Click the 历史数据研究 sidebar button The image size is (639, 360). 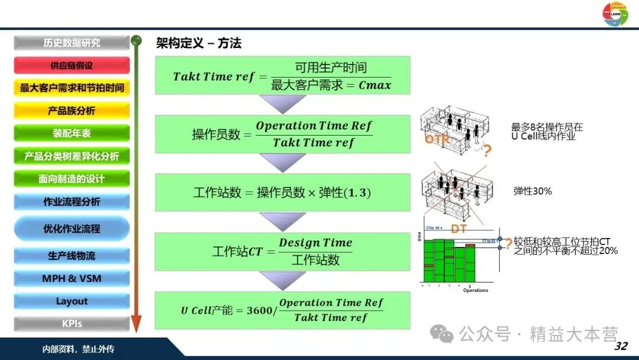[x=72, y=43]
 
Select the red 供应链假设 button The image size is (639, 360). [x=72, y=66]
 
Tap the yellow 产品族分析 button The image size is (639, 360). [x=72, y=111]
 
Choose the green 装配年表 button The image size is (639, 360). [x=72, y=133]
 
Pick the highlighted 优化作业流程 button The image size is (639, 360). [x=72, y=229]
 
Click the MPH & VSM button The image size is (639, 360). [x=72, y=278]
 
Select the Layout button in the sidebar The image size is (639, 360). [x=72, y=301]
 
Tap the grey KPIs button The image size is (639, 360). [x=72, y=324]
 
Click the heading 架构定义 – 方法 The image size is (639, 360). [x=199, y=43]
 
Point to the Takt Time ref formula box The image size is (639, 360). [x=282, y=76]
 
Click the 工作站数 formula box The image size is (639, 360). [x=282, y=193]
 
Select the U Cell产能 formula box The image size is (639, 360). [x=282, y=310]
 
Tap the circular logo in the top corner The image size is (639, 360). [x=615, y=14]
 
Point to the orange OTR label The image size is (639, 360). [x=437, y=140]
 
